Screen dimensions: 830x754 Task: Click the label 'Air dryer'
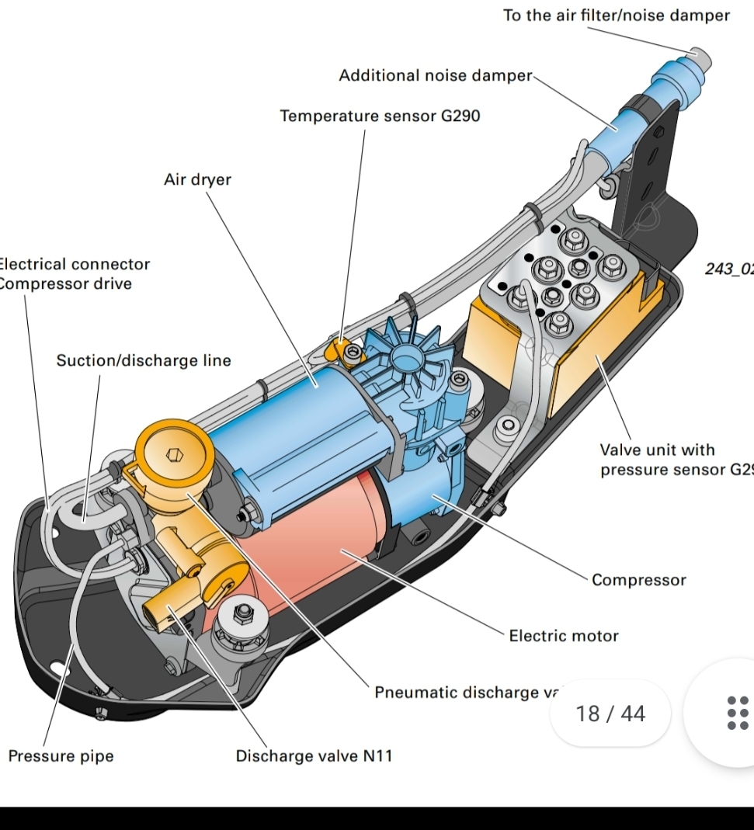(x=197, y=180)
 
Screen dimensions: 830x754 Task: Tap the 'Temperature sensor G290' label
(x=380, y=116)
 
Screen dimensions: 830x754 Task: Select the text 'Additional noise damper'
(x=435, y=76)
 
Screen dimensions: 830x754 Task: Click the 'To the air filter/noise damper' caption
(x=616, y=16)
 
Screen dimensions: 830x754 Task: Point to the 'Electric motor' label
(x=563, y=637)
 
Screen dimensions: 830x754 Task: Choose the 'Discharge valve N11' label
(x=314, y=756)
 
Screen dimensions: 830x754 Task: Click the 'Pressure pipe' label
(x=61, y=756)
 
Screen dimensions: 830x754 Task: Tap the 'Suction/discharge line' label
(x=144, y=361)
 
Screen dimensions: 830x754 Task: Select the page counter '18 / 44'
(x=610, y=714)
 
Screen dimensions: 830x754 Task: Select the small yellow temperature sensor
(x=339, y=347)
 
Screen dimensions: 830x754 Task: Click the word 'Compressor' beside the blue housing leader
(x=638, y=580)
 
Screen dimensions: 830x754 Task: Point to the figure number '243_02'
(x=728, y=269)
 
